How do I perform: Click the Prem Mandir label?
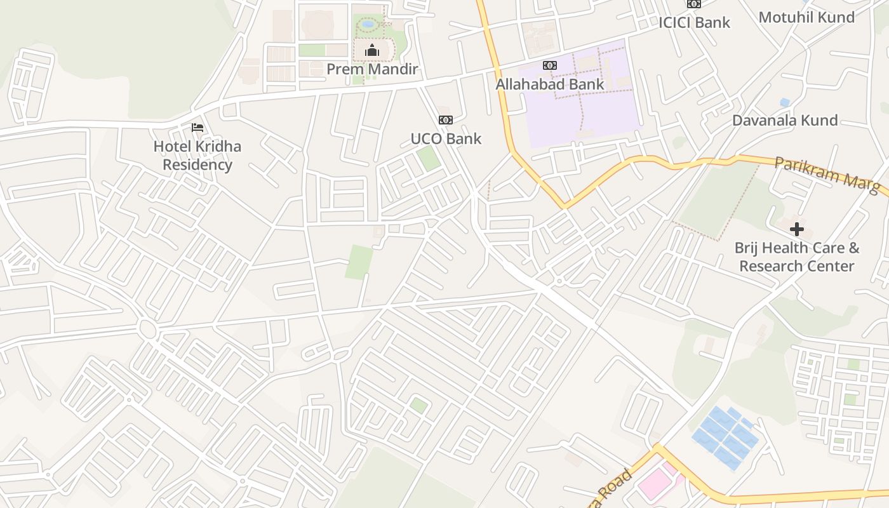pyautogui.click(x=372, y=69)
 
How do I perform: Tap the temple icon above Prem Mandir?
pyautogui.click(x=372, y=50)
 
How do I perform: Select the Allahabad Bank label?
pyautogui.click(x=550, y=84)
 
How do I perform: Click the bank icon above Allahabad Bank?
pyautogui.click(x=550, y=65)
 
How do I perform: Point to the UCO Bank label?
pyautogui.click(x=446, y=138)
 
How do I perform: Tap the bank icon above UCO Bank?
pyautogui.click(x=446, y=120)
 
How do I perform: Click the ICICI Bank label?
pyautogui.click(x=694, y=22)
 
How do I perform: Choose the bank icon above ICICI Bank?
pyautogui.click(x=694, y=4)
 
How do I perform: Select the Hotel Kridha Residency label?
pyautogui.click(x=197, y=156)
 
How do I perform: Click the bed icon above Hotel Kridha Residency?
pyautogui.click(x=197, y=128)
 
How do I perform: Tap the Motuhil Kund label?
pyautogui.click(x=806, y=17)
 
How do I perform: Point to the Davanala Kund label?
pyautogui.click(x=785, y=120)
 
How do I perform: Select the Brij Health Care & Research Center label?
pyautogui.click(x=797, y=257)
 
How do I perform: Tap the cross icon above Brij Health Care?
pyautogui.click(x=797, y=229)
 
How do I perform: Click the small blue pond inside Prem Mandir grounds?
pyautogui.click(x=368, y=24)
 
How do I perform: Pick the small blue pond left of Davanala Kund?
pyautogui.click(x=785, y=102)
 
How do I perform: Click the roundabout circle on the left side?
pyautogui.click(x=147, y=329)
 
